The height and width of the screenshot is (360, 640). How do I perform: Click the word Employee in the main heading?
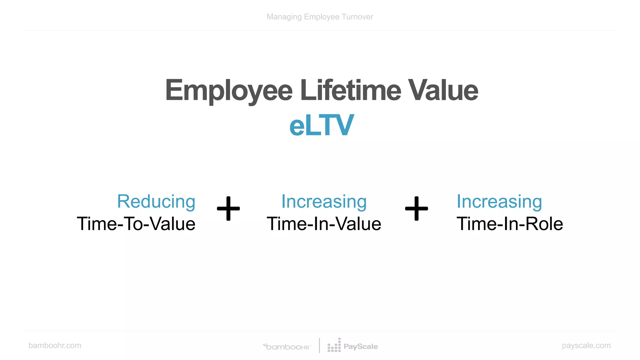tap(229, 91)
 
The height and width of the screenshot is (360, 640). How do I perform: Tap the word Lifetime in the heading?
tap(350, 91)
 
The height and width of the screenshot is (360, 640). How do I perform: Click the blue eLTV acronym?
tap(322, 126)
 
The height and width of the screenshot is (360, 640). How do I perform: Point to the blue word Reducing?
tap(156, 201)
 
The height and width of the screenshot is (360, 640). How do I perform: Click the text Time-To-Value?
tap(136, 224)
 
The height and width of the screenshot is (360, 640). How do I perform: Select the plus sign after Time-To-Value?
tap(228, 208)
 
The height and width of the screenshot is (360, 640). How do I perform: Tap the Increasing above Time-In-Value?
tap(324, 201)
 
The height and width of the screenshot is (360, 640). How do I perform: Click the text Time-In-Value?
tap(324, 224)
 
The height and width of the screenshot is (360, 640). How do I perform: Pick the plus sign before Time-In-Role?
tap(416, 208)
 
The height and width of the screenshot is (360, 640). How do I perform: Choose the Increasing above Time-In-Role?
tap(499, 201)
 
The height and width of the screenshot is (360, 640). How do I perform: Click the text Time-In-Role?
tap(510, 224)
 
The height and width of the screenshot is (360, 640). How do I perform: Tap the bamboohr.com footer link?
tap(55, 345)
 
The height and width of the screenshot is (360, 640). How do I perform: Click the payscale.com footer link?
tap(586, 345)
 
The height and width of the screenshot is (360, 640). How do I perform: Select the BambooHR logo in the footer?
tap(287, 347)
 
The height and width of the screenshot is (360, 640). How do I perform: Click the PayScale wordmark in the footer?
tap(361, 347)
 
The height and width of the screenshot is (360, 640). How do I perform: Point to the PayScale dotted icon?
tap(334, 346)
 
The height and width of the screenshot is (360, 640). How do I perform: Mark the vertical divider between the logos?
tap(319, 345)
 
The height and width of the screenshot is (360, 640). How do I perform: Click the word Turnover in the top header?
tap(357, 17)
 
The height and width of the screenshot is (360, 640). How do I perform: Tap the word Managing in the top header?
tap(284, 17)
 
